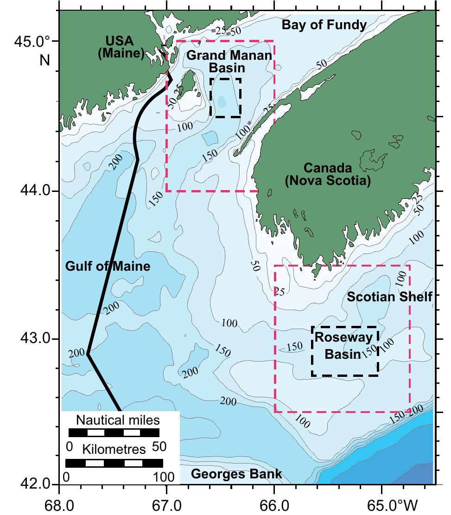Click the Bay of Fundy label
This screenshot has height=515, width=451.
click(324, 25)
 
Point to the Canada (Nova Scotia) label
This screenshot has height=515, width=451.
click(328, 174)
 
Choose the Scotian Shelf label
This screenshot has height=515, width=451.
click(389, 297)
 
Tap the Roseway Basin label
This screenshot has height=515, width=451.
click(343, 345)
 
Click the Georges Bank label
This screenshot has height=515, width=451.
click(236, 474)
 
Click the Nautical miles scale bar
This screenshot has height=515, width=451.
click(114, 433)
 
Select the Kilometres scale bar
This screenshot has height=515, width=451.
click(114, 464)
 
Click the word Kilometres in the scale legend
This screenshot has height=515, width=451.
click(114, 449)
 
